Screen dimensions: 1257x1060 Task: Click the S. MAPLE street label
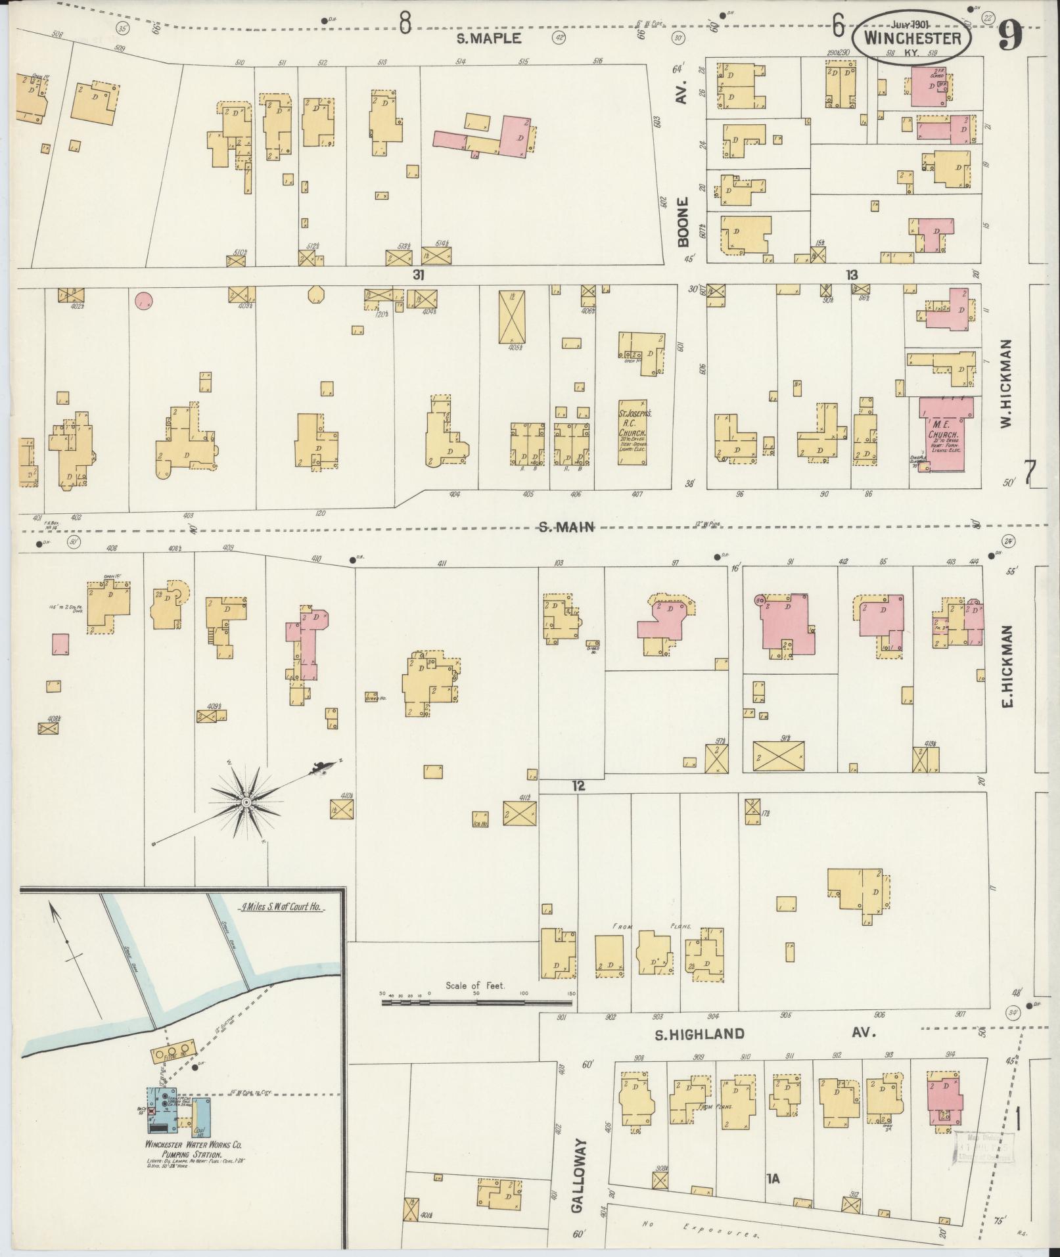coord(489,39)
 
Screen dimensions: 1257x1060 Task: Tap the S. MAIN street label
coord(566,526)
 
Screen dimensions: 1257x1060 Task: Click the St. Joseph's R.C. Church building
coord(632,432)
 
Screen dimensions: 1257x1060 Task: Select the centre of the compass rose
coord(246,802)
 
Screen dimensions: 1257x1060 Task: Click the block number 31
coord(417,275)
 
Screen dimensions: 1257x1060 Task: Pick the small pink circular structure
coord(144,301)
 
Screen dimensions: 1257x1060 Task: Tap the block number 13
coord(852,275)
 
